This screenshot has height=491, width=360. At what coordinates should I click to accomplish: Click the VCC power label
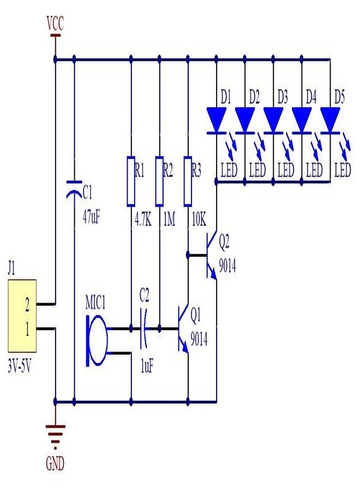pyautogui.click(x=55, y=23)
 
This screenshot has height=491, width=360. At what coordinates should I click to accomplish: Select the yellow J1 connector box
pyautogui.click(x=22, y=316)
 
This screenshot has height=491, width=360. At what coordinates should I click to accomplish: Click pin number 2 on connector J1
pyautogui.click(x=27, y=304)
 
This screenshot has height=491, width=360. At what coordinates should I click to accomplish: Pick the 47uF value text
pyautogui.click(x=92, y=217)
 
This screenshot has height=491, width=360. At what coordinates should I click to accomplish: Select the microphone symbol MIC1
pyautogui.click(x=97, y=340)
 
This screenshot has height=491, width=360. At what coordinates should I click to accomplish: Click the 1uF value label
pyautogui.click(x=147, y=366)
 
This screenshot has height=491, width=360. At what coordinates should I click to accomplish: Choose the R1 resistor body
pyautogui.click(x=131, y=181)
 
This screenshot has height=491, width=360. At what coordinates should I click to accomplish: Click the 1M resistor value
pyautogui.click(x=169, y=220)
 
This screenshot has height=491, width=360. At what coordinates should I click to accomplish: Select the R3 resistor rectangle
pyautogui.click(x=188, y=181)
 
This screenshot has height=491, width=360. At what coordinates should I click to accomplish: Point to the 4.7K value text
pyautogui.click(x=143, y=220)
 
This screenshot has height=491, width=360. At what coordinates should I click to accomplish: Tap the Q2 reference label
pyautogui.click(x=224, y=242)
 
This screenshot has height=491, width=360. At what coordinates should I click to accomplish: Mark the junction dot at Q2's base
pyautogui.click(x=188, y=255)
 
